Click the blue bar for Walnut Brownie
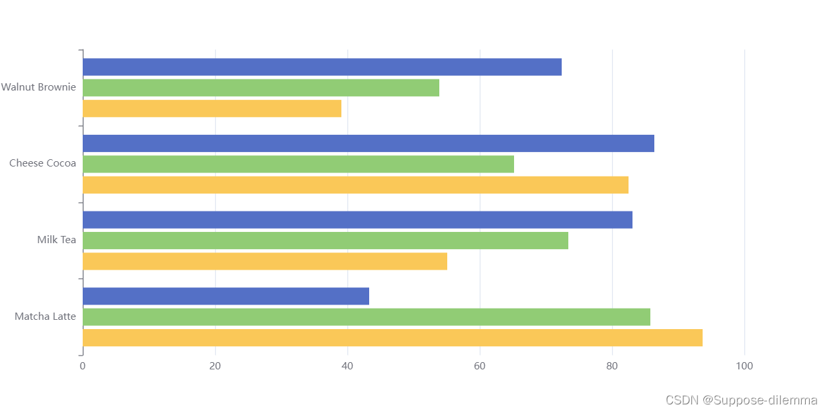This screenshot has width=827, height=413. tap(322, 67)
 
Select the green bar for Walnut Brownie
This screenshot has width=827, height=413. tap(261, 88)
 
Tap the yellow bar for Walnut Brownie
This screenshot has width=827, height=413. tap(212, 108)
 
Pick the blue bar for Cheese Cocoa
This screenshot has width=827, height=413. tap(368, 143)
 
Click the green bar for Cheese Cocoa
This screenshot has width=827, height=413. tap(298, 164)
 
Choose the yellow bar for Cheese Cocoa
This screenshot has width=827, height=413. tap(355, 185)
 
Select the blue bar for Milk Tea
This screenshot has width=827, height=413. tap(357, 219)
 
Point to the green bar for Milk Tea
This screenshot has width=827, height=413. tap(325, 241)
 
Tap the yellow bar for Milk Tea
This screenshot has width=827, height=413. tap(265, 261)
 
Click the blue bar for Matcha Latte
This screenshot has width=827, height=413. tap(226, 296)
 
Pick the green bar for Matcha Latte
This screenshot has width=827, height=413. tap(366, 317)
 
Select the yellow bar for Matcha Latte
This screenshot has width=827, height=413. tap(392, 338)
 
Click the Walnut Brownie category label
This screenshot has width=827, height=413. tap(38, 87)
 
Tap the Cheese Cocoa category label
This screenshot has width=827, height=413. tap(42, 163)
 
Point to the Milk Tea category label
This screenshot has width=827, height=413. tap(56, 240)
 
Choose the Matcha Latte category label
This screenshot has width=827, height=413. tap(45, 317)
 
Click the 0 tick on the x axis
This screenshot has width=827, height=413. tap(83, 365)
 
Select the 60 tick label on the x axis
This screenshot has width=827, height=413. tap(480, 365)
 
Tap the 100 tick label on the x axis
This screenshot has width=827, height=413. tap(744, 365)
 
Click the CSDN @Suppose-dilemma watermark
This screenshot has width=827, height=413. tap(741, 400)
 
